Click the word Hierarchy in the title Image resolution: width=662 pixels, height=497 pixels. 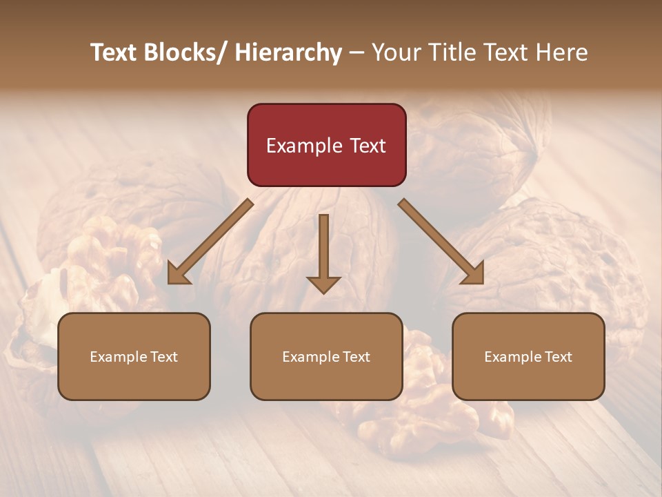[288, 53]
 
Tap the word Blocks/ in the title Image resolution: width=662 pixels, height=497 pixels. [190, 53]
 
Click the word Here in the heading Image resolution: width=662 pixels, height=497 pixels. [563, 53]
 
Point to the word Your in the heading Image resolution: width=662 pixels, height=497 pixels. [396, 53]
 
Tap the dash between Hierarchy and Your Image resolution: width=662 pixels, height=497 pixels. [357, 53]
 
